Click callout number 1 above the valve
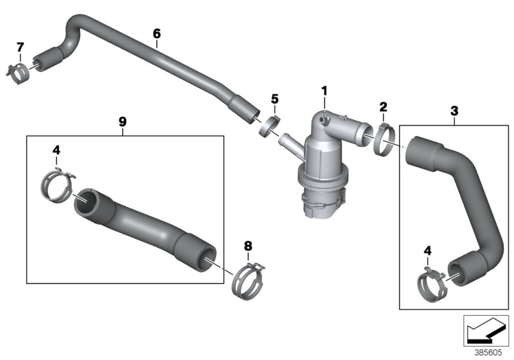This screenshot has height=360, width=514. (324, 92)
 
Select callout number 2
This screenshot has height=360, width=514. (383, 106)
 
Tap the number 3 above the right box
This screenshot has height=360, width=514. (454, 111)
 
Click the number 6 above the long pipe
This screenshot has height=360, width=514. (156, 32)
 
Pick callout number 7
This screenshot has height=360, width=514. (20, 47)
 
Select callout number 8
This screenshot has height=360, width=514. (249, 245)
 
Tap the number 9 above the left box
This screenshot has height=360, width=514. (123, 120)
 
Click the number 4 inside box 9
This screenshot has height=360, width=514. (57, 150)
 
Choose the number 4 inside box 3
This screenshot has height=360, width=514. (427, 250)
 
